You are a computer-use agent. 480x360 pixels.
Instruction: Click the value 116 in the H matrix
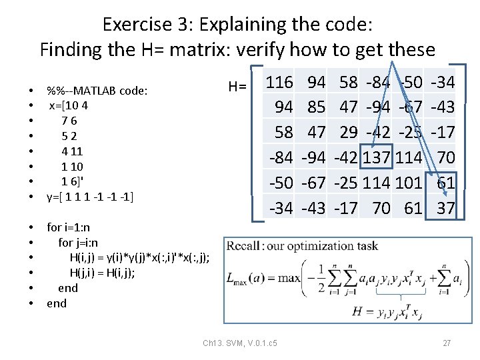tap(279, 83)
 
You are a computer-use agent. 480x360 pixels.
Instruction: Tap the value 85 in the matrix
tap(316, 107)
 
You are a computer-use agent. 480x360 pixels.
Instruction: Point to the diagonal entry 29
tap(348, 133)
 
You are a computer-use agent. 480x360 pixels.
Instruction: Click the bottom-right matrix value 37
tap(445, 209)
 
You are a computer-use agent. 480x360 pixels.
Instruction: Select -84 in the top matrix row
tap(379, 83)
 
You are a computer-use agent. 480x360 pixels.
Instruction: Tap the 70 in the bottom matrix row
tap(381, 209)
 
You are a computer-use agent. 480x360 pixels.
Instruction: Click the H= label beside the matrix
tap(237, 87)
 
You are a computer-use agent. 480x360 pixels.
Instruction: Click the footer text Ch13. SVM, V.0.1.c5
tap(240, 343)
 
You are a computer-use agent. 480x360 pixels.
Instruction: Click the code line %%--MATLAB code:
tap(97, 90)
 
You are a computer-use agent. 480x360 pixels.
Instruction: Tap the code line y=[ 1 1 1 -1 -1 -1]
tap(90, 197)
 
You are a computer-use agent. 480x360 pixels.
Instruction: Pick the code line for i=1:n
tap(71, 227)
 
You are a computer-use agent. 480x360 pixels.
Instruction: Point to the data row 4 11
tap(72, 151)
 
